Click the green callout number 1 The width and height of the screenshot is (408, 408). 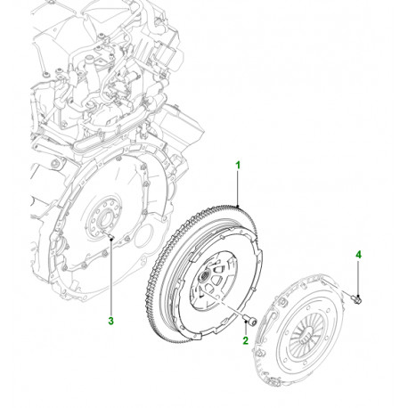pyautogui.click(x=238, y=165)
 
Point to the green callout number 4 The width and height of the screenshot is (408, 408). pyautogui.click(x=359, y=255)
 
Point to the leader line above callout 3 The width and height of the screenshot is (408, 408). pyautogui.click(x=110, y=276)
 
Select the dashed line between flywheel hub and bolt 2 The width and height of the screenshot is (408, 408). pyautogui.click(x=231, y=301)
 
